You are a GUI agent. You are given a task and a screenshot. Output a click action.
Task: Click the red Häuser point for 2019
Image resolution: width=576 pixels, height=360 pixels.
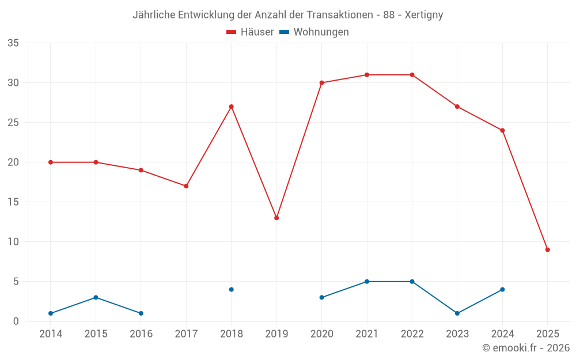pos(276,218)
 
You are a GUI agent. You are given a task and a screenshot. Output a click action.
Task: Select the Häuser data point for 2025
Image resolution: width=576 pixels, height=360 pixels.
pos(548,249)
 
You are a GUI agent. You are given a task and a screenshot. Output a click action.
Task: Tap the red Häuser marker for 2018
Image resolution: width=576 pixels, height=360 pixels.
pos(232,107)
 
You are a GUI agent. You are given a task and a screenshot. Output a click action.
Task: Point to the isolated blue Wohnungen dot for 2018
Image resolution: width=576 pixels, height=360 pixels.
pos(232,289)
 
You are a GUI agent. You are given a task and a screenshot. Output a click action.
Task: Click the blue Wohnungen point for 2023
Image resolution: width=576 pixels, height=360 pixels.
pos(457,313)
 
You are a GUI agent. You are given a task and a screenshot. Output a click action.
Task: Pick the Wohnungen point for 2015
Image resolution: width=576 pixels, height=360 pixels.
pos(96,297)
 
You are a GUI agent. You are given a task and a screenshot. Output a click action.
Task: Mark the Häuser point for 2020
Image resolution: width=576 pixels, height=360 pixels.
pos(322,83)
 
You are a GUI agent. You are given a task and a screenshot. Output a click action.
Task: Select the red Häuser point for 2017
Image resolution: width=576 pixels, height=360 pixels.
pos(186,186)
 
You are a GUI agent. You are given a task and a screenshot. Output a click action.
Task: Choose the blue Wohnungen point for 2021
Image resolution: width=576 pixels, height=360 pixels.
pos(367,282)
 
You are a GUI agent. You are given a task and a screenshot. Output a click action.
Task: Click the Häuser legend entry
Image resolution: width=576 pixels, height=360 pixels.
pos(250,32)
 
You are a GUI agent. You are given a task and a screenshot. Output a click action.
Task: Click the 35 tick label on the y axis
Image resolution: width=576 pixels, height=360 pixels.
pos(13,43)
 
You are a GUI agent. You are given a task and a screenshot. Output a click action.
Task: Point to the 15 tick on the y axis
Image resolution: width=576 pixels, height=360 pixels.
pos(13,202)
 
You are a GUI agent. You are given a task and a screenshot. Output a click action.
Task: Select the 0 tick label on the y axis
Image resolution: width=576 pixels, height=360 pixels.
pos(16,321)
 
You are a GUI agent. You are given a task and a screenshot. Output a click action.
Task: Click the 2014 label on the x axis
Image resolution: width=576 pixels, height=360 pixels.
pos(51,334)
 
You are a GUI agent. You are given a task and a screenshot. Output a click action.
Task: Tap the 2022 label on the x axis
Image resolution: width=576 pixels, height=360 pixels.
pos(412,334)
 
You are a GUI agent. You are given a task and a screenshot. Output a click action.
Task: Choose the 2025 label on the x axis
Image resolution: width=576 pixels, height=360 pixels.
pos(548,334)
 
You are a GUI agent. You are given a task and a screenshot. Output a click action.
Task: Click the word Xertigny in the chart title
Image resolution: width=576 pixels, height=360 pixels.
pos(424,15)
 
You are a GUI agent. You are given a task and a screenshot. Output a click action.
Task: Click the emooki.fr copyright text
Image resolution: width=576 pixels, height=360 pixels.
pos(525,348)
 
